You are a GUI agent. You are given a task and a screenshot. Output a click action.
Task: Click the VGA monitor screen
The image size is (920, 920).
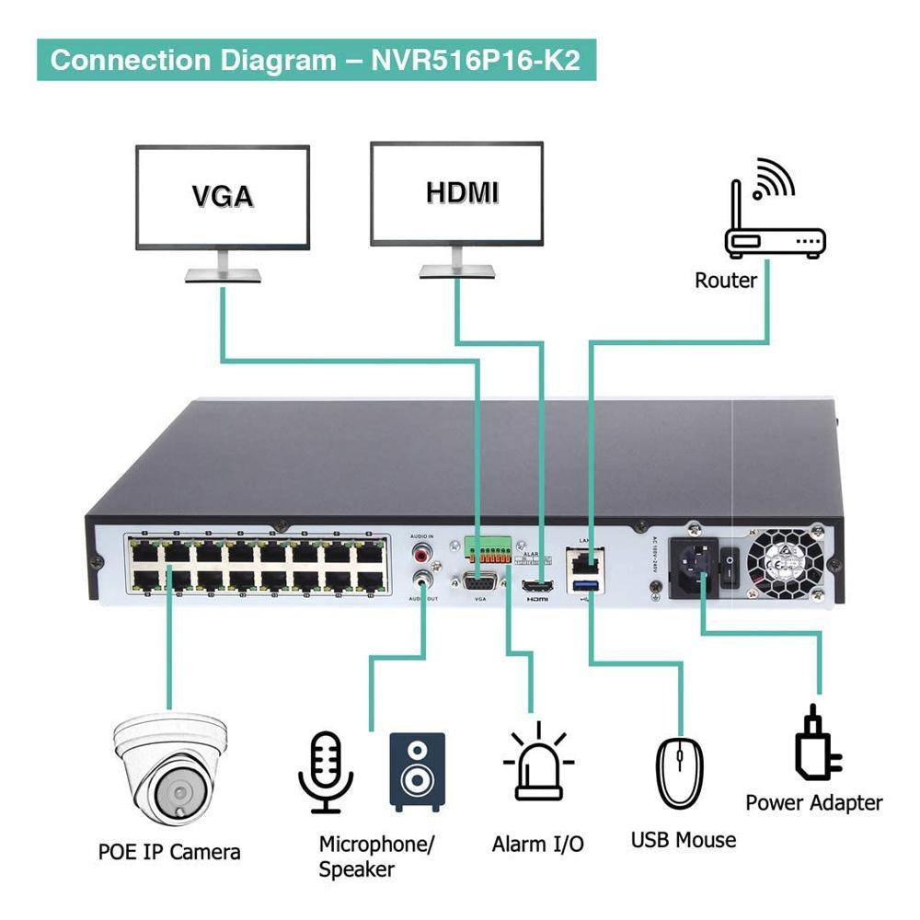coord(223,196)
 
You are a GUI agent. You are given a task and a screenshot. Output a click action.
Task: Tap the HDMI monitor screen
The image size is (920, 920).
coord(457,193)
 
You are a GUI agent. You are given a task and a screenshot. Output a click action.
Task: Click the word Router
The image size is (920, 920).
coord(726,281)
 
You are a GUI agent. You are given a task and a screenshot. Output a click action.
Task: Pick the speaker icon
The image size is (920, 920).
coord(417,771)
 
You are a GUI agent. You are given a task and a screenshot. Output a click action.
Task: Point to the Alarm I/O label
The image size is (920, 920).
coord(538,844)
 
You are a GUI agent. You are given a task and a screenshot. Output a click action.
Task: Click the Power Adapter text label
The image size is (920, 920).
coord(813,802)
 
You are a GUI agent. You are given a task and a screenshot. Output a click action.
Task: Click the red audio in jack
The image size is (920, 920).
coord(423,554)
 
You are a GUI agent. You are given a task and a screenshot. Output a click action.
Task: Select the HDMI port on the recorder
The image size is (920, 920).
coord(535,586)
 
